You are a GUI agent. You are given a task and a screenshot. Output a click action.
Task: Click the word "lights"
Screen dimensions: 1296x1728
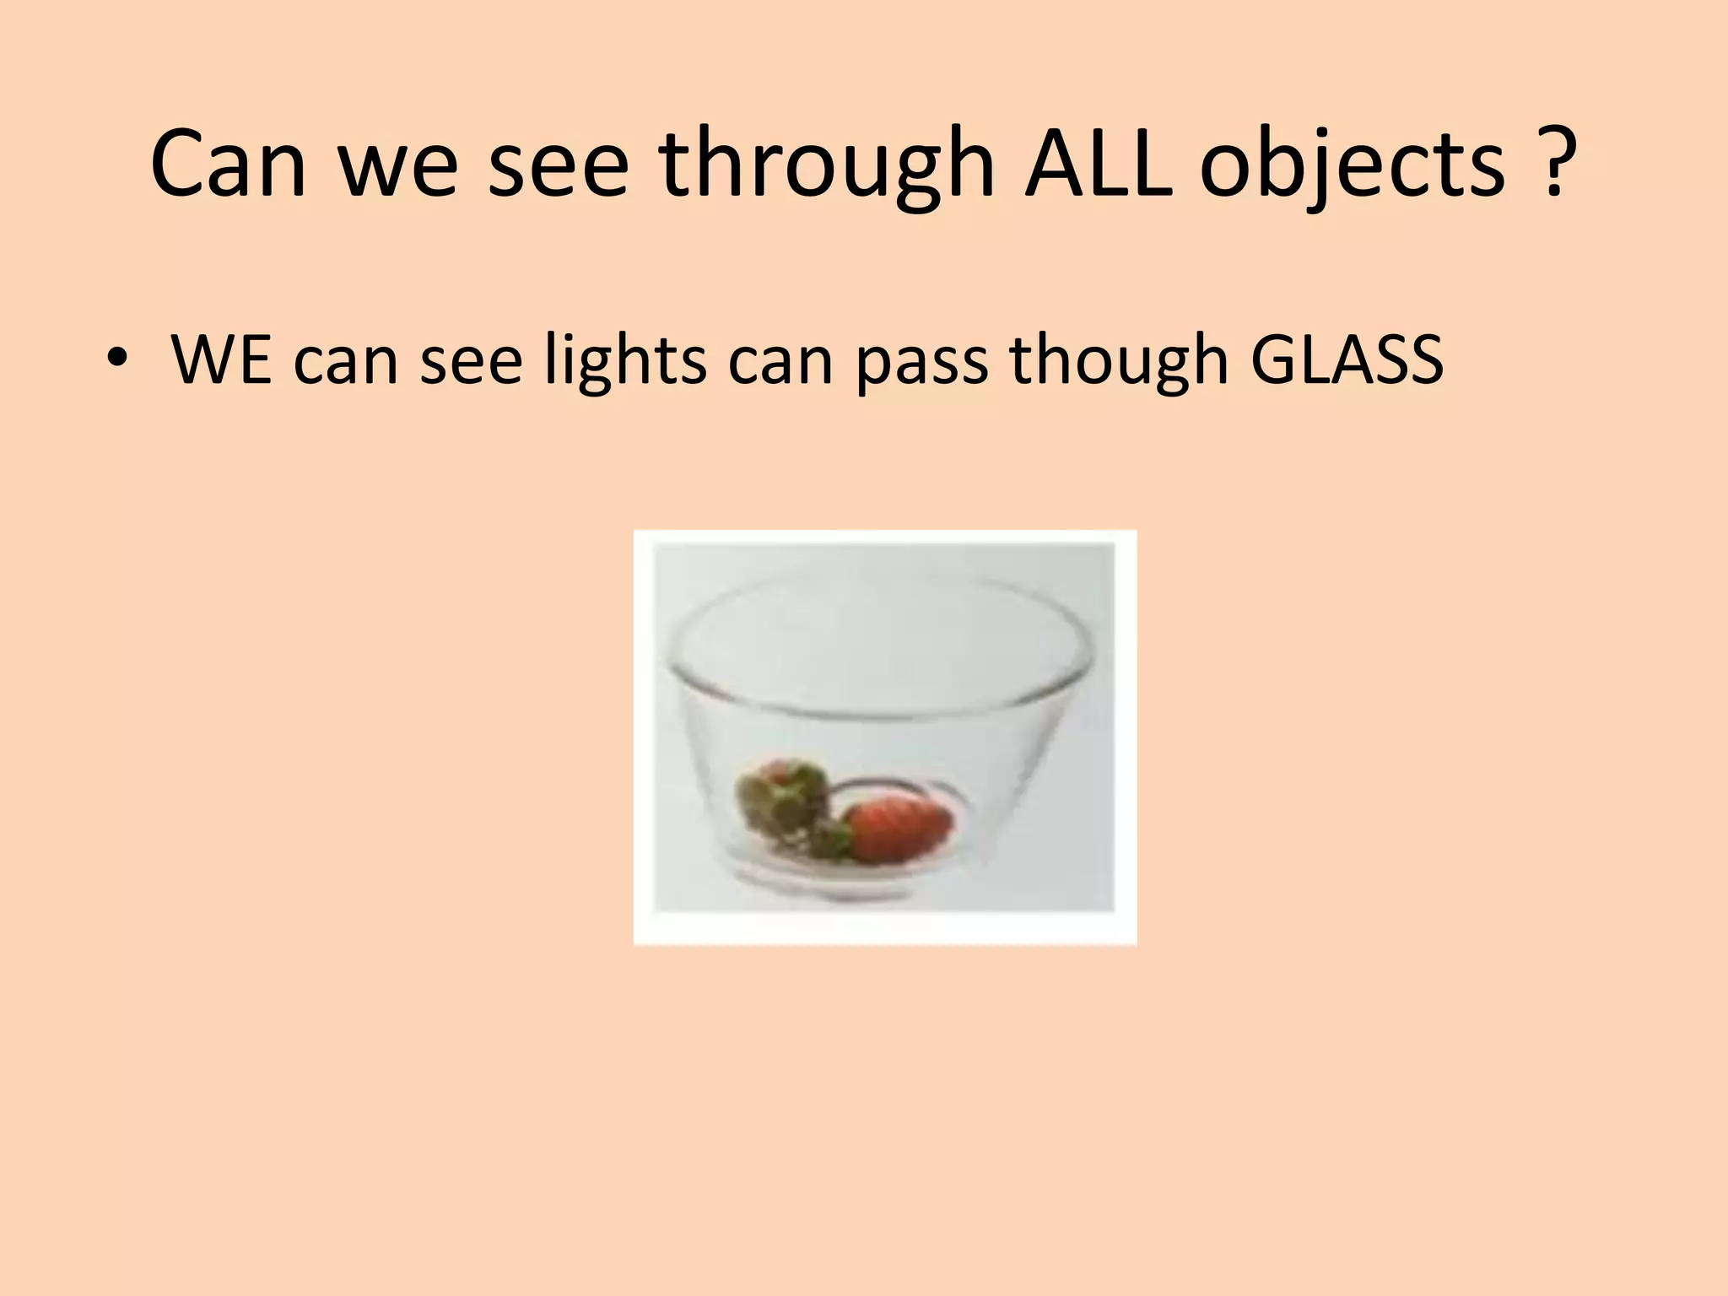point(625,361)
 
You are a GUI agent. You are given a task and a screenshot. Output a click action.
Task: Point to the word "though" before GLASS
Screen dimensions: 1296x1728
point(1119,361)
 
